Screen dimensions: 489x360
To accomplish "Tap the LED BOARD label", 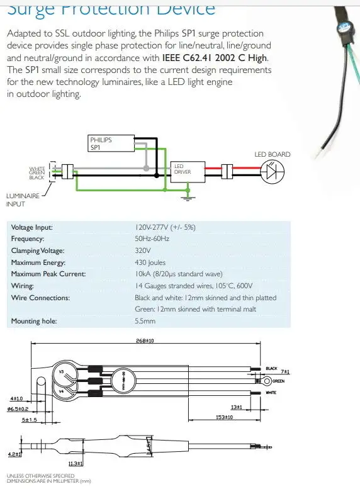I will (272, 154).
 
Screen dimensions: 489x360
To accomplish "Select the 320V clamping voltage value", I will (144, 250).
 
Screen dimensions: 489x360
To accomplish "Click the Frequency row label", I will (29, 239).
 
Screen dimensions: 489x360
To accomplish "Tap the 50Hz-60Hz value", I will (152, 239).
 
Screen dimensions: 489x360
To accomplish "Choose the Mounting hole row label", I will (35, 320).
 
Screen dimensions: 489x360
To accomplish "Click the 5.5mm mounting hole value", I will (146, 320).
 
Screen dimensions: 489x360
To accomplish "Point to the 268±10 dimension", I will (146, 340).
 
